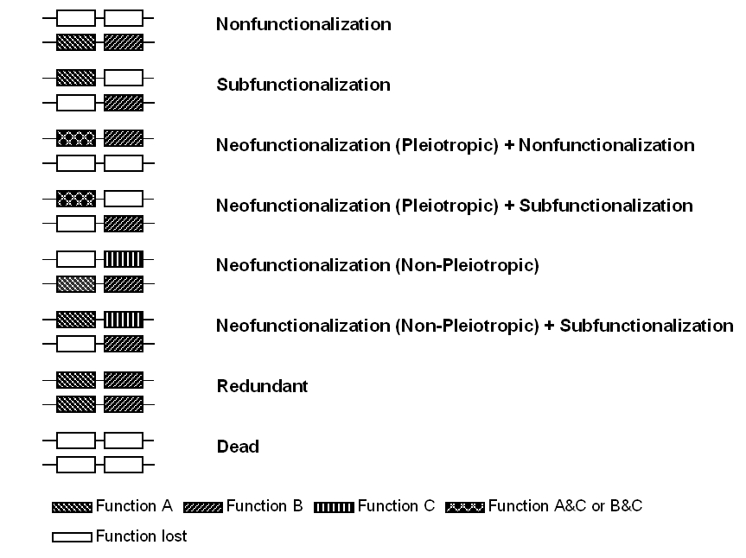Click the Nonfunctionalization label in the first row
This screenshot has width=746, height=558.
click(303, 24)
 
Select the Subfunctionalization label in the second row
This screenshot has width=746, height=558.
click(303, 85)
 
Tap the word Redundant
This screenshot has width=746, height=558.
click(262, 386)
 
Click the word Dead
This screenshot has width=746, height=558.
click(238, 447)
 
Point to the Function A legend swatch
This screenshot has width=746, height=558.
click(72, 507)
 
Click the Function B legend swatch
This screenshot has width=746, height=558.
click(202, 507)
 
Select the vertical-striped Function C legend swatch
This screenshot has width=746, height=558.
click(334, 507)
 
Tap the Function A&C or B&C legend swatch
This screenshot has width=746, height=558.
click(465, 507)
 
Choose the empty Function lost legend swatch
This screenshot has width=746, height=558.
click(72, 537)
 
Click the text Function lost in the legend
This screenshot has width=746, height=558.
click(141, 536)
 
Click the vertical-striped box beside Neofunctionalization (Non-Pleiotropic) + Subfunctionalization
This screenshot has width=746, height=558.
click(124, 320)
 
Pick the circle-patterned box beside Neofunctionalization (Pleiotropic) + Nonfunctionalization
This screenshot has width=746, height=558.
click(76, 138)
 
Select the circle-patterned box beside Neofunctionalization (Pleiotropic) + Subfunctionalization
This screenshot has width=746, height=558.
click(76, 199)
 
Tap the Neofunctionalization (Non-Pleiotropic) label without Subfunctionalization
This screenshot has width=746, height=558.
click(377, 265)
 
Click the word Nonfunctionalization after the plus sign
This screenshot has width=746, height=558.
click(607, 145)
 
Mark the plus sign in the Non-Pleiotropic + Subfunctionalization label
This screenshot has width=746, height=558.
click(549, 326)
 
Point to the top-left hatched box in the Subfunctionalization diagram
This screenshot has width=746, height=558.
click(76, 78)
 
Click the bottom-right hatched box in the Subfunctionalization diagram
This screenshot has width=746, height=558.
click(124, 103)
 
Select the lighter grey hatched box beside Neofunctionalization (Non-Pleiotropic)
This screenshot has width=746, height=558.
click(76, 284)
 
